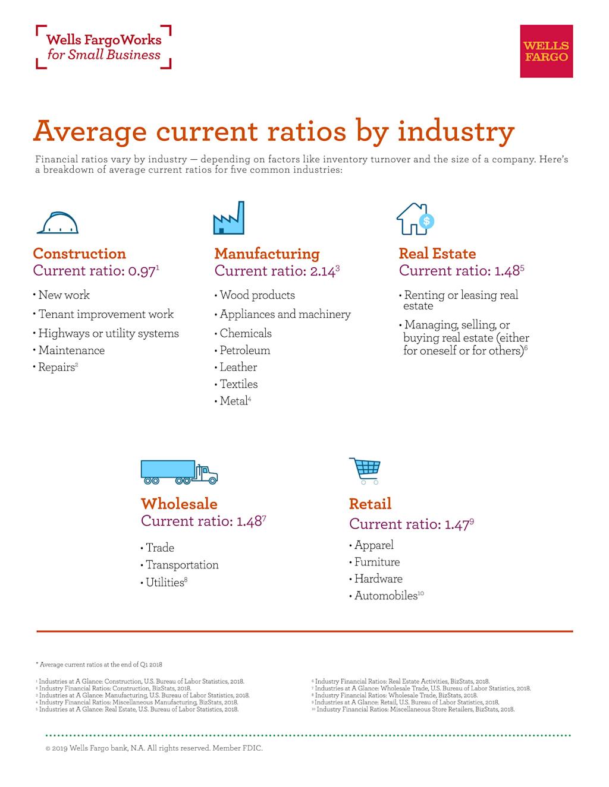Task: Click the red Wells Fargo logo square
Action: pos(546,51)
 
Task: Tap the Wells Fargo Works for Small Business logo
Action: pos(103,47)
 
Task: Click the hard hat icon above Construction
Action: pos(58,223)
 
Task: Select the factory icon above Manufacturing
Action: pos(229,218)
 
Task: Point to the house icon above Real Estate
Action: pos(415,219)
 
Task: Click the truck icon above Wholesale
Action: pos(179,472)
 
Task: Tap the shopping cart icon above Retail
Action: pos(365,470)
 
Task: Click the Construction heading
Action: pos(80,254)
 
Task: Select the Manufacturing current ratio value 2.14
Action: pos(324,271)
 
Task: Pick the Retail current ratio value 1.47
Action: pos(457,524)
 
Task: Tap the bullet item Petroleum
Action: pos(244,350)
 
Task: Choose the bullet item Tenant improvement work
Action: pos(106,314)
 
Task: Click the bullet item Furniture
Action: pos(377,562)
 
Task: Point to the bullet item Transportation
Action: pos(182,565)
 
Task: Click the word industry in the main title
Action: pos(456,131)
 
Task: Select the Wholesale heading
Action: pos(179,504)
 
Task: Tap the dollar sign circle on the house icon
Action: pos(426,222)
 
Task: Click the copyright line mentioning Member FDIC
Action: pos(154,748)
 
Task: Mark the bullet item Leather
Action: pos(238,367)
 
